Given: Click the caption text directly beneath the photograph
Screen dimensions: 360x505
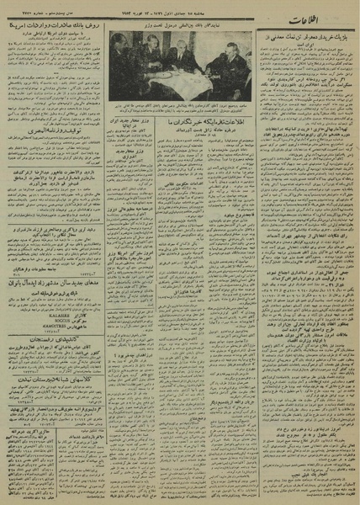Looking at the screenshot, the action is pyautogui.click(x=180, y=107).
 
